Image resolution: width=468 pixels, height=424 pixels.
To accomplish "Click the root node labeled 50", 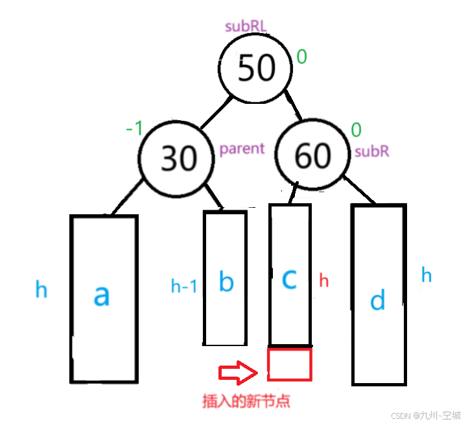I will pos(255,68).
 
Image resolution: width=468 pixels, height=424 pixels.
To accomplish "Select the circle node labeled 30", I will pos(177,156).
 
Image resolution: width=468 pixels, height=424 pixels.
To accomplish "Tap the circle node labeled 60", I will pos(313,155).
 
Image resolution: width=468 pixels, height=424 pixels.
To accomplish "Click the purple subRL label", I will pos(246,27).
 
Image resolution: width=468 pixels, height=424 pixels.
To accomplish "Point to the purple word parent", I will pos(242,149).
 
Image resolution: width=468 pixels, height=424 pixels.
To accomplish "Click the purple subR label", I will pos(371,153).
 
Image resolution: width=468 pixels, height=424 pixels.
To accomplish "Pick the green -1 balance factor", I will pos(134,128).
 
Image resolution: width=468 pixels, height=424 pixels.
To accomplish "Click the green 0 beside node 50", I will pos(301,57).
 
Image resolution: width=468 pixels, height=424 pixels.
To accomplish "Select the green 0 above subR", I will pos(356,130).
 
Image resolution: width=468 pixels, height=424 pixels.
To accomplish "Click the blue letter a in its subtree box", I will pos(102,295).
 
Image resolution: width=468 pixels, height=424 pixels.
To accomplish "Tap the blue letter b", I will pos(226,282).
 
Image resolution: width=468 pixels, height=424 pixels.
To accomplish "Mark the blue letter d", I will pos(377,300).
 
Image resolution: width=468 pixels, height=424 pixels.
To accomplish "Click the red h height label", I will pos(324,281).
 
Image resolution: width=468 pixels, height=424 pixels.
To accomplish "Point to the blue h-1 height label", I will pos(183,286).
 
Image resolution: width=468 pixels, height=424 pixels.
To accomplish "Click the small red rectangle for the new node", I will pos(290,364).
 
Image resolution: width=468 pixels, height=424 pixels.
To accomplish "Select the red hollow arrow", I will pos(238,372).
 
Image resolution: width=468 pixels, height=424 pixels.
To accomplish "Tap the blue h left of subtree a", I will pos(41,290).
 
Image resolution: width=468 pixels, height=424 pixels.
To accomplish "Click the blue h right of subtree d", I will pos(427,275).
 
